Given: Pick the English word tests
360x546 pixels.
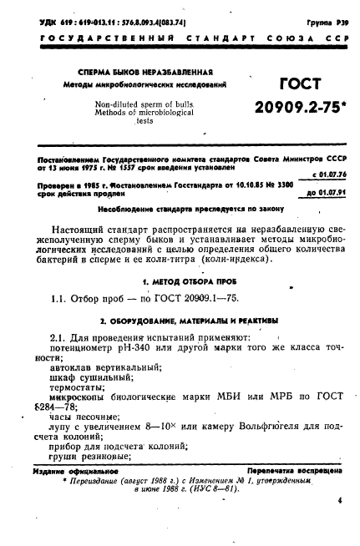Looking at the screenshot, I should (124, 119).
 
